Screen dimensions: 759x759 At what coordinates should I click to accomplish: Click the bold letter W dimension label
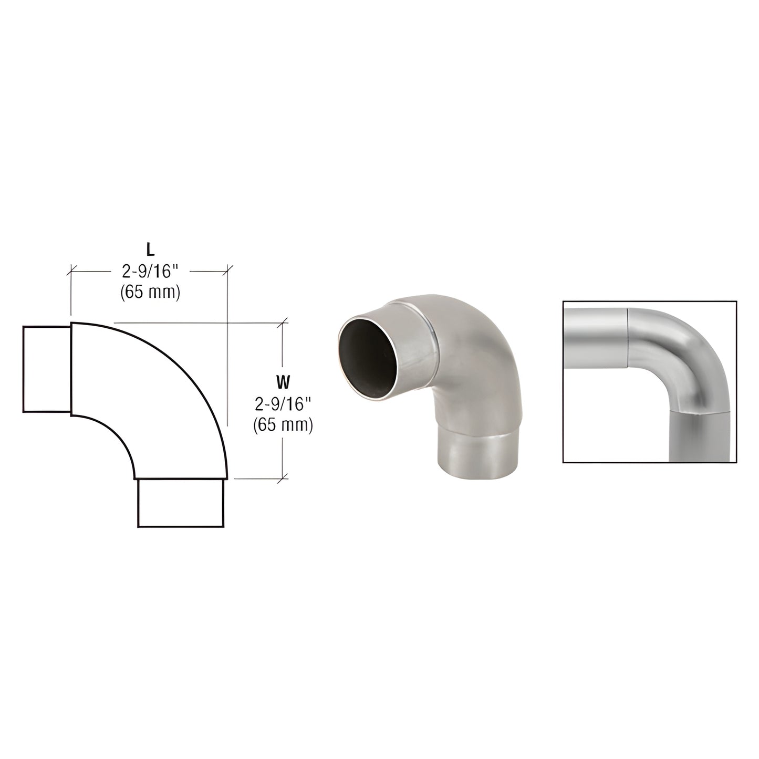[283, 380]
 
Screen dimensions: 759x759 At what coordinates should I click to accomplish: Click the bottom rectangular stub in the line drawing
[181, 502]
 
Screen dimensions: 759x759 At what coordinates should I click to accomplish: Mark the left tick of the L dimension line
[71, 271]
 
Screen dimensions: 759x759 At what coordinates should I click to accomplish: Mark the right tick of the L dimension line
[227, 271]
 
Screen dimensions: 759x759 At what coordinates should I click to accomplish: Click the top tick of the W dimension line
[284, 322]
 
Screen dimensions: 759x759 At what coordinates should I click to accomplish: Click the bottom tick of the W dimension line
[284, 479]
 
